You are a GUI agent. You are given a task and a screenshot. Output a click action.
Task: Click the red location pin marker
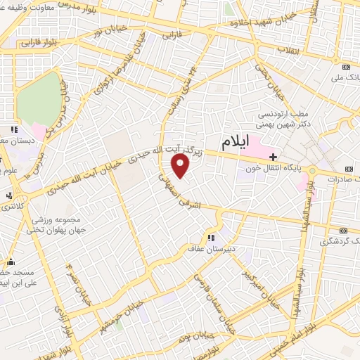(181, 166)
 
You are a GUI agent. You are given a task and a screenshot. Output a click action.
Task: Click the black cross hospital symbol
(274, 156)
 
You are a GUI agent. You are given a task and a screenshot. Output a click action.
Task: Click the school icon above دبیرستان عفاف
(212, 237)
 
